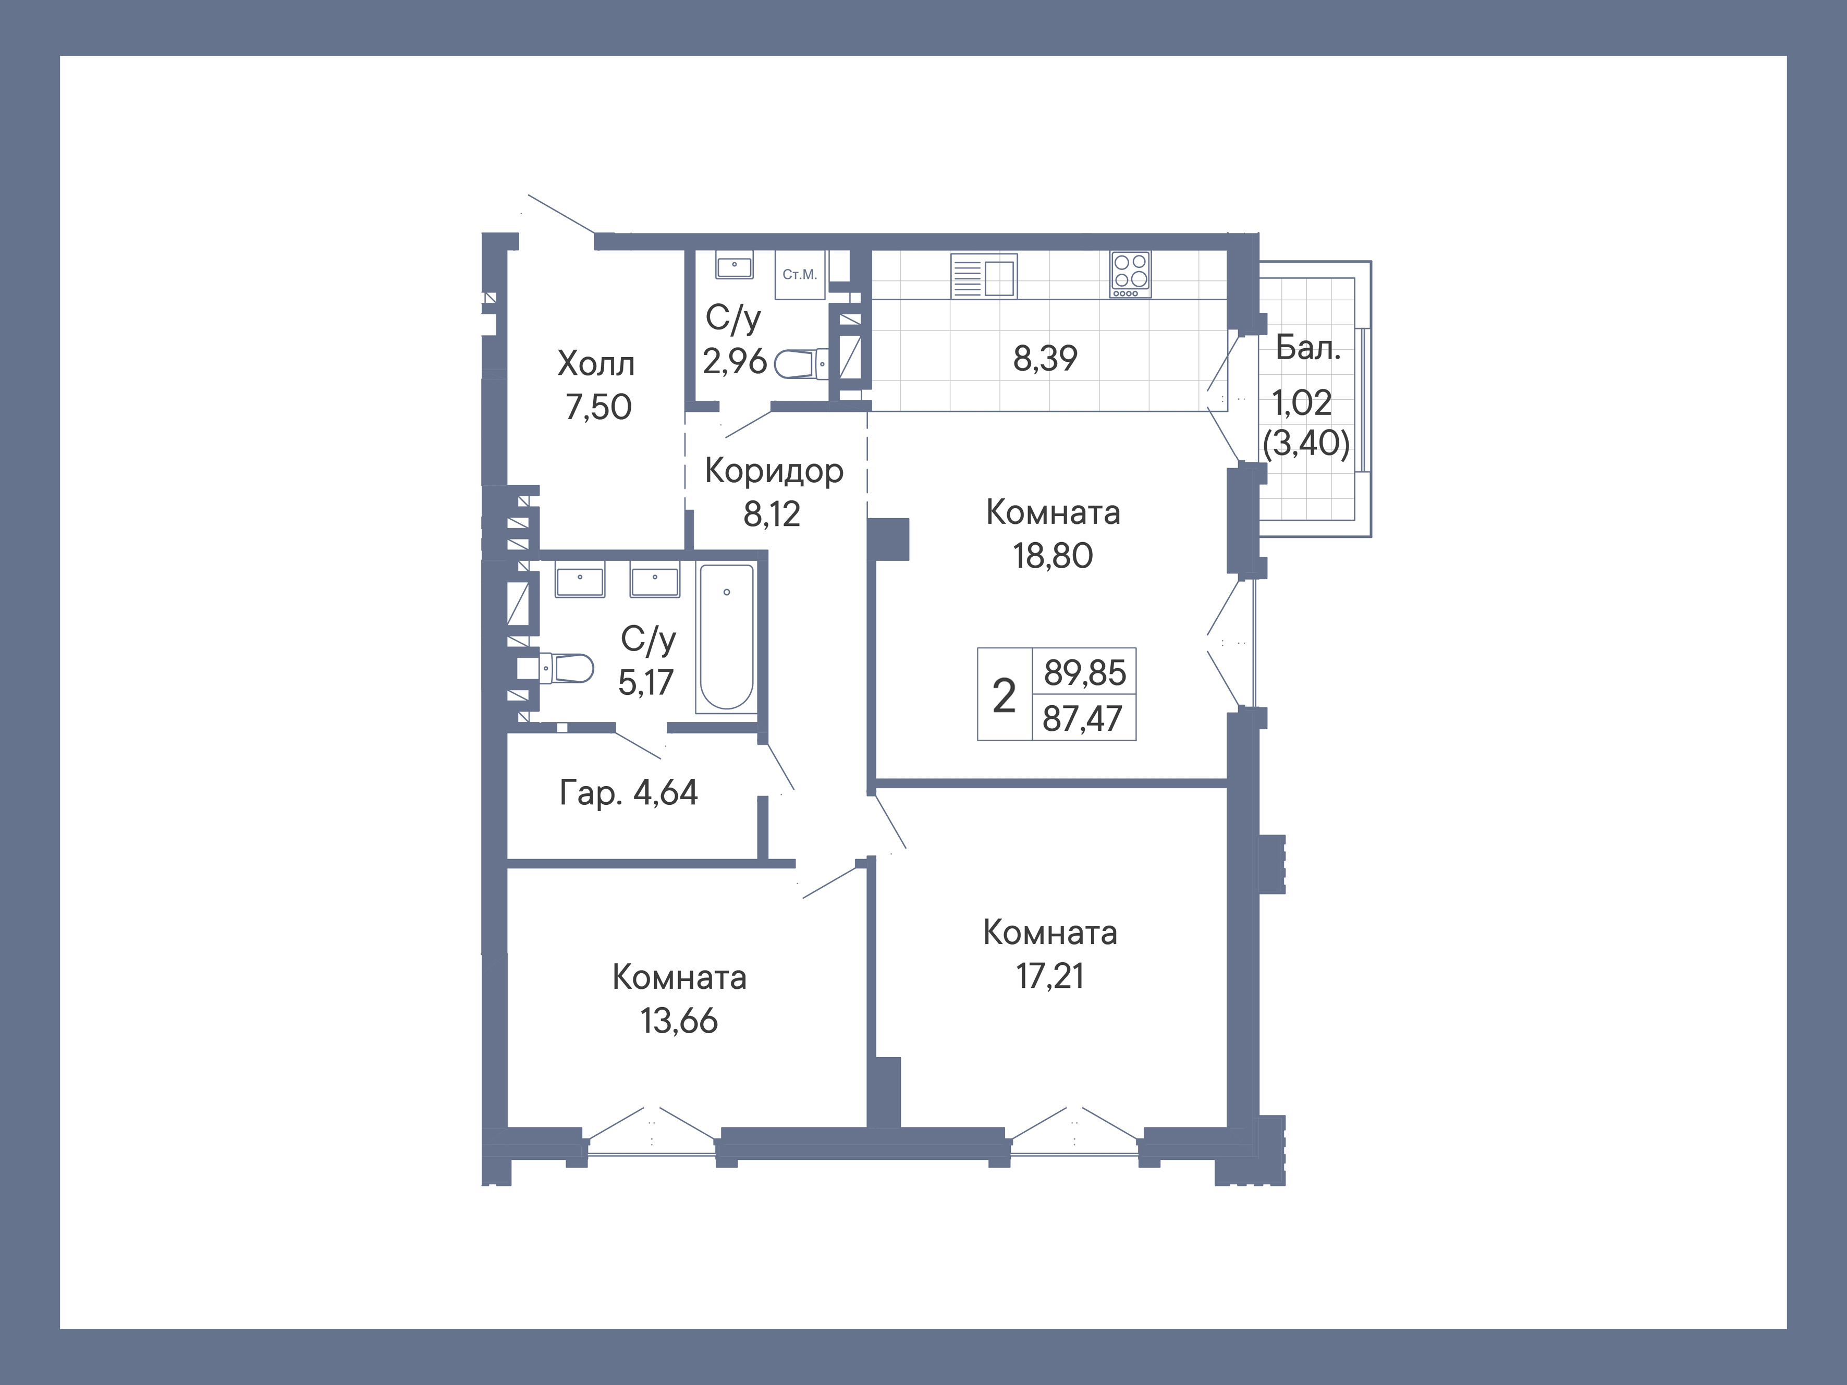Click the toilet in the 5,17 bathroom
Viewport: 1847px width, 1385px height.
[567, 668]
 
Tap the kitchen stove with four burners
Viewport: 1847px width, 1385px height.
[1130, 274]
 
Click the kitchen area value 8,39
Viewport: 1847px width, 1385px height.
[1045, 358]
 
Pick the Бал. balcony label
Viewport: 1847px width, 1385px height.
[1307, 348]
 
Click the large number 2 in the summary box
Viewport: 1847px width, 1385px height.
[1004, 695]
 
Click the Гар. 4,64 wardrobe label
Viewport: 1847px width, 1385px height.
[628, 793]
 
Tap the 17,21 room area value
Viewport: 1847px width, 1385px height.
[1049, 976]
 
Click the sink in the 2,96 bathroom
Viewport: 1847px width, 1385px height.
[734, 266]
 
